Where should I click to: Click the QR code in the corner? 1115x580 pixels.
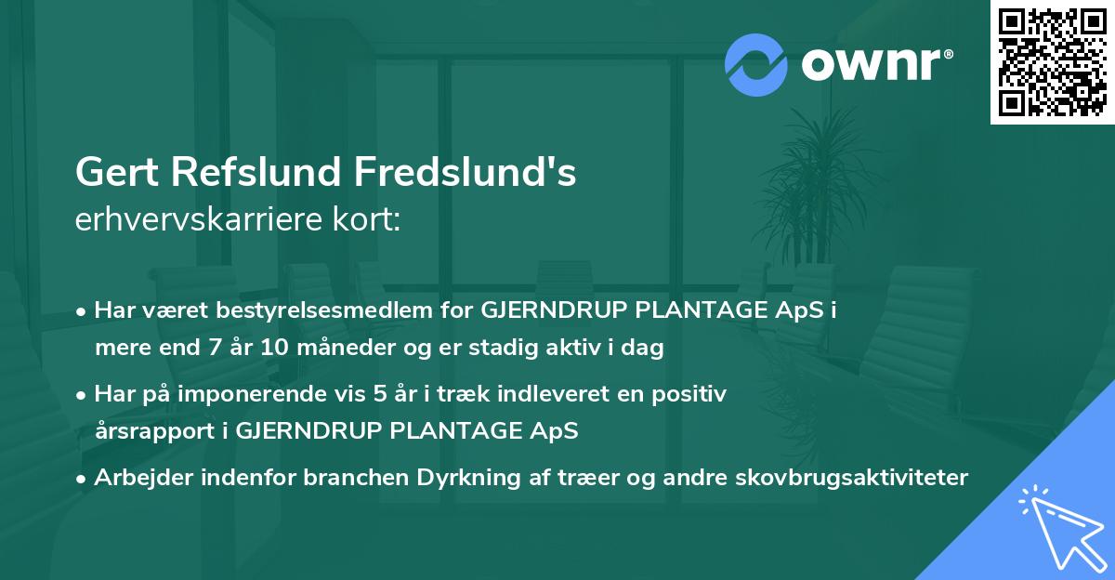1052,61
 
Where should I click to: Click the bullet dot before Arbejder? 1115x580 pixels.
83,479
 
